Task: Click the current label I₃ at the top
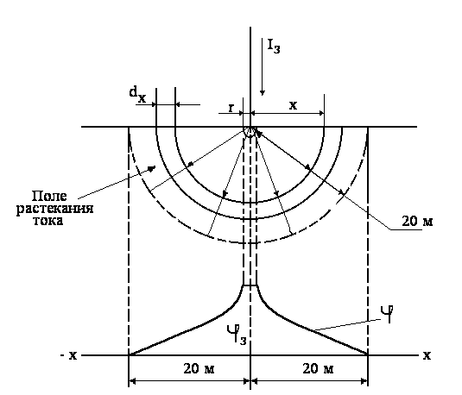pos(274,47)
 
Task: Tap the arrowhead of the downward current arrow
pos(263,93)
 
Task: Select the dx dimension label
pos(137,94)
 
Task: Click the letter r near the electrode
pos(231,109)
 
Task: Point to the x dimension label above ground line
pos(293,105)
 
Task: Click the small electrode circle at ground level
pos(250,132)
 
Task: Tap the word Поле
pos(49,196)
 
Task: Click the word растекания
pos(54,209)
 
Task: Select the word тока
pos(48,221)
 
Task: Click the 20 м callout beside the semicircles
pos(417,221)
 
